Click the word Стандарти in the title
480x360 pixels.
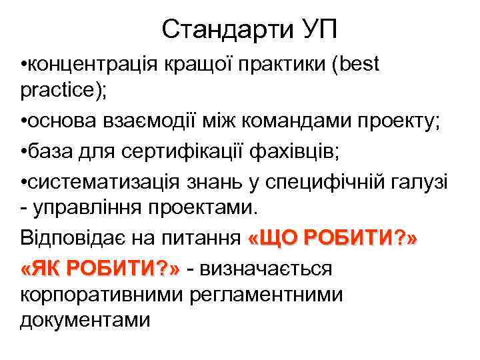(x=218, y=30)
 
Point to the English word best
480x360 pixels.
(x=359, y=66)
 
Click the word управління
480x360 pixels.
(x=86, y=209)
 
